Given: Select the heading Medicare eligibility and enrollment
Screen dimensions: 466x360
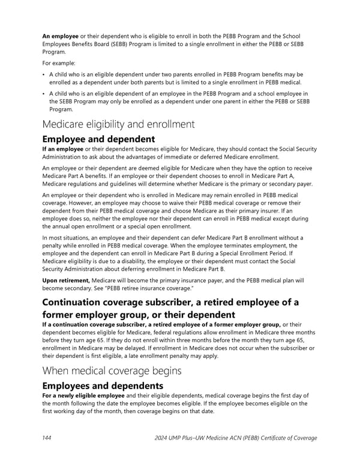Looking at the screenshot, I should tap(118, 124).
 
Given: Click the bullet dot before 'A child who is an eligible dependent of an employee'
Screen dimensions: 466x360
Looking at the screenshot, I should tap(43, 94).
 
